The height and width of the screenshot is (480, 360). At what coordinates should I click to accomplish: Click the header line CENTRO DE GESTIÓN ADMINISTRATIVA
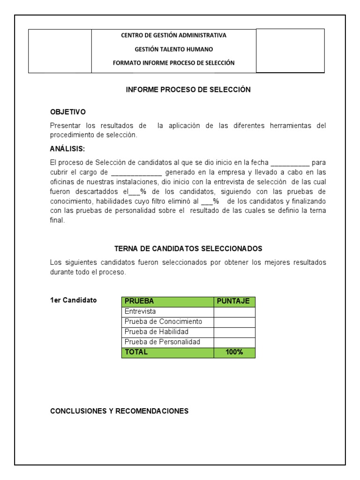pos(173,35)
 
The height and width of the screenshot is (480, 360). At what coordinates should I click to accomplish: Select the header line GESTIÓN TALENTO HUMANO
pos(173,49)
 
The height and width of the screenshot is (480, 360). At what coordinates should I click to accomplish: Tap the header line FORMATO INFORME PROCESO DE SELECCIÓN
pos(173,62)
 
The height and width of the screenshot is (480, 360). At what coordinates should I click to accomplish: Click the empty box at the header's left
pos(60,51)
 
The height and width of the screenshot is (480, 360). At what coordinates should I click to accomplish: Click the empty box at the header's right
pos(290,51)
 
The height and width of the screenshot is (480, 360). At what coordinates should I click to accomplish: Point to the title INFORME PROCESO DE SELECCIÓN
pos(188,90)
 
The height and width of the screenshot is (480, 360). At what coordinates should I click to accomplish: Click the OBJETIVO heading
pos(68,112)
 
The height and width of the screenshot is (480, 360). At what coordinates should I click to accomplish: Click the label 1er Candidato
pos(74,300)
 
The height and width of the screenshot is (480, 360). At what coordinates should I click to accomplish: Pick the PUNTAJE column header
pos(234,301)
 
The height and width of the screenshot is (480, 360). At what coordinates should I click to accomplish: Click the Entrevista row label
pos(140,311)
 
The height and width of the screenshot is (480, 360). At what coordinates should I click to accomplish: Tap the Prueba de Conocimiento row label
pos(163,322)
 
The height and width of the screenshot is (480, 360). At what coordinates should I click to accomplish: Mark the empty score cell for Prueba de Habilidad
pos(234,332)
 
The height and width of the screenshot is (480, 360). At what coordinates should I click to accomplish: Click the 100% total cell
pos(234,352)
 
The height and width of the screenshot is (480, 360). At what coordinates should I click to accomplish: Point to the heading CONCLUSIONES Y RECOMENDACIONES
pos(119,411)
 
